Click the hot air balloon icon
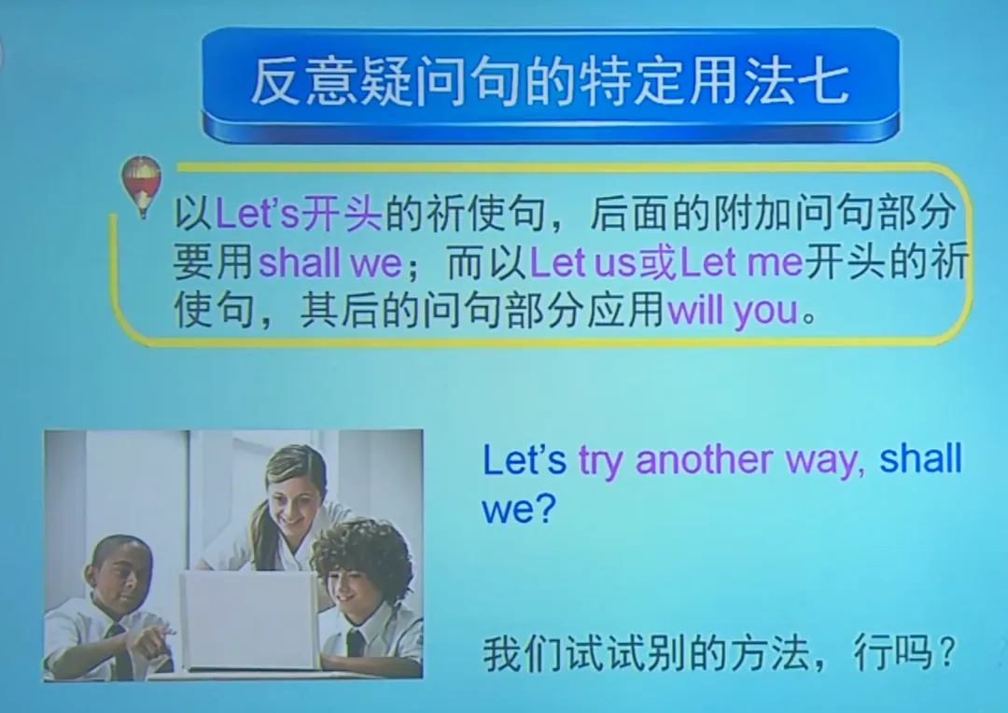pyautogui.click(x=142, y=184)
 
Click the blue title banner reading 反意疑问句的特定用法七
pyautogui.click(x=550, y=82)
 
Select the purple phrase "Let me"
pyautogui.click(x=742, y=263)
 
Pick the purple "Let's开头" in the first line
pyautogui.click(x=299, y=216)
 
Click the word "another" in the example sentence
pyautogui.click(x=704, y=461)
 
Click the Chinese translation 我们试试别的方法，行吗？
pyautogui.click(x=718, y=654)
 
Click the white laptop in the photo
pyautogui.click(x=249, y=618)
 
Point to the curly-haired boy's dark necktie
pyautogui.click(x=356, y=643)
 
